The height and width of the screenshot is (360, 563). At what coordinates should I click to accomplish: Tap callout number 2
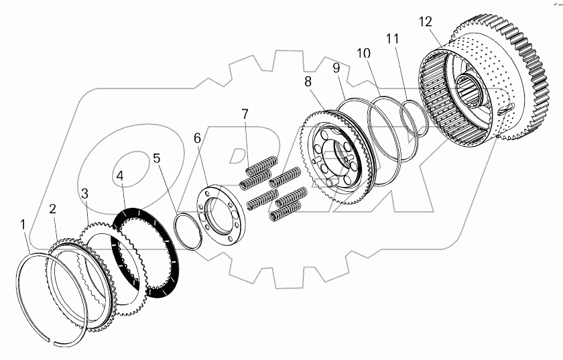coord(53,208)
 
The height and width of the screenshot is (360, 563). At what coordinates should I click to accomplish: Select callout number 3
coord(85,194)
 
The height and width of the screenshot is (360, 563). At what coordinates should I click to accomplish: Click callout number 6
coord(197,138)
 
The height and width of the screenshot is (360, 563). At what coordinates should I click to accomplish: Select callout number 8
coord(308,82)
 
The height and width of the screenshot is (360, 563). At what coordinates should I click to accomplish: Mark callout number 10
coord(363,53)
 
